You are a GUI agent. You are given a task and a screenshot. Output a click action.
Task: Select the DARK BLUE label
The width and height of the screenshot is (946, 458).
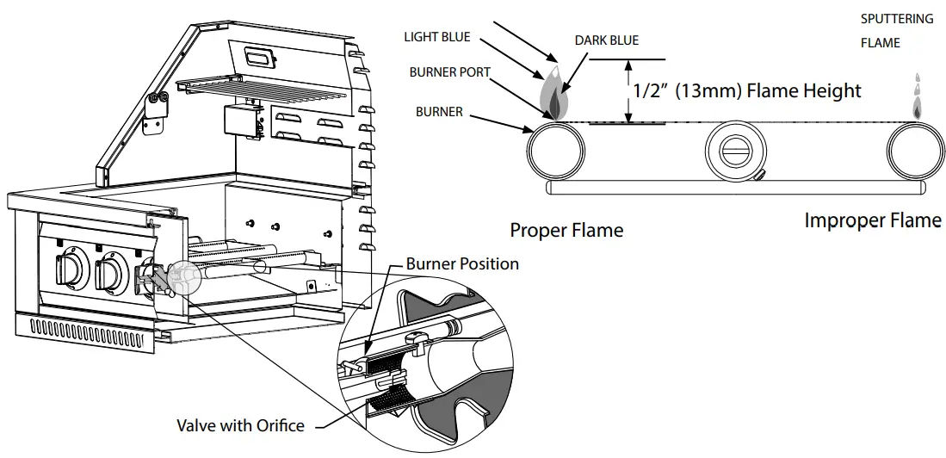coord(607,40)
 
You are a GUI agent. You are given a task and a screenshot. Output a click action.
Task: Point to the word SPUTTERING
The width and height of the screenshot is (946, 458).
coord(897,19)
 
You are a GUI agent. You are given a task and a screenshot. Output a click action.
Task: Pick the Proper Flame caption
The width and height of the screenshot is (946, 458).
coord(566,230)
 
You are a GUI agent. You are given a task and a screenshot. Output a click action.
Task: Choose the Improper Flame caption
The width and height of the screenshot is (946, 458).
coord(872,220)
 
